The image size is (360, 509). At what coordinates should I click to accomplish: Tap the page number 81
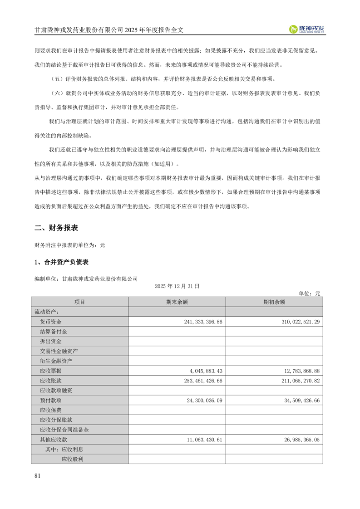pyautogui.click(x=38, y=475)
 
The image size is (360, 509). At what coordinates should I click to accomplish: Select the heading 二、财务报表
pyautogui.click(x=59, y=228)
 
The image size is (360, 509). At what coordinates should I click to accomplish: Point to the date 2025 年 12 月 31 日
pyautogui.click(x=177, y=286)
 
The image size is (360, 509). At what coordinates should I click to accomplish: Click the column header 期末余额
pyautogui.click(x=177, y=302)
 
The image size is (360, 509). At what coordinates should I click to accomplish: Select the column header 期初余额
pyautogui.click(x=274, y=302)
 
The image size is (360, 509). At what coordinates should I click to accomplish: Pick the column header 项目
pyautogui.click(x=79, y=302)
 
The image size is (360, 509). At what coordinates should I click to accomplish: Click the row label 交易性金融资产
pyautogui.click(x=59, y=351)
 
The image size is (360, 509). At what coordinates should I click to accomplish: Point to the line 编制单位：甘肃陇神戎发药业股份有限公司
pyautogui.click(x=86, y=279)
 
